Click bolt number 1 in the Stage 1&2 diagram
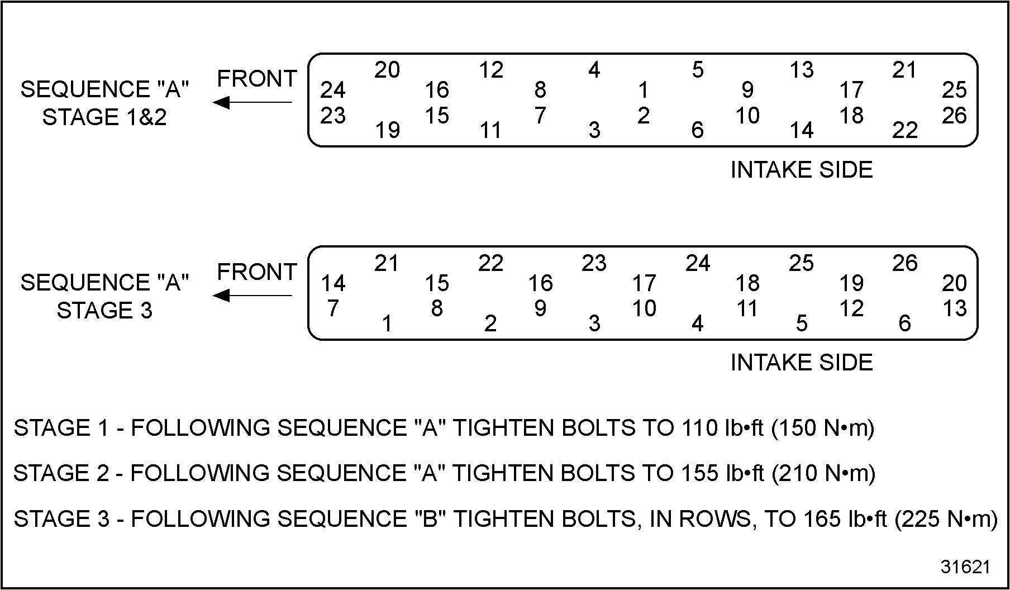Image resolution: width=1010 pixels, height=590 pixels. pos(644,90)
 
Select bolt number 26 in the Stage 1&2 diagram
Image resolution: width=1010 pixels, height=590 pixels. pos(954,116)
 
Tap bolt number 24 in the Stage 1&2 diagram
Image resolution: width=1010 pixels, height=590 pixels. pos(333,90)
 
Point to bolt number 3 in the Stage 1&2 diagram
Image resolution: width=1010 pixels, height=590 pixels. pos(594,130)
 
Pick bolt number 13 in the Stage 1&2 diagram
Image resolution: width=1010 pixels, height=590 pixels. pos(802,70)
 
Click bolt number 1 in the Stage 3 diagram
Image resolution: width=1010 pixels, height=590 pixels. pos(387,323)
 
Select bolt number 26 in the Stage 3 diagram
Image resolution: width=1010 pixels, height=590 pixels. pos(905,263)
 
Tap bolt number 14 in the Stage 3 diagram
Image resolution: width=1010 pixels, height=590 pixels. pos(333,283)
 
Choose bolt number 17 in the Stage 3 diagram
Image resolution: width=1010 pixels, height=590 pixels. pos(644,283)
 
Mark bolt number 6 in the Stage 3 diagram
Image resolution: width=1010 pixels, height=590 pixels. pos(905,323)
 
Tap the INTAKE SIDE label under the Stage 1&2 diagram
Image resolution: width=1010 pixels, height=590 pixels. pos(802,170)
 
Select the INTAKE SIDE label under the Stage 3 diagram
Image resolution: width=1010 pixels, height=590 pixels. pos(802,363)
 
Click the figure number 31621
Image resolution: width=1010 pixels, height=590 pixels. pos(965,567)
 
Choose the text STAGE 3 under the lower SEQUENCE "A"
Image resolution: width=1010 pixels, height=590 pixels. pos(104,311)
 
